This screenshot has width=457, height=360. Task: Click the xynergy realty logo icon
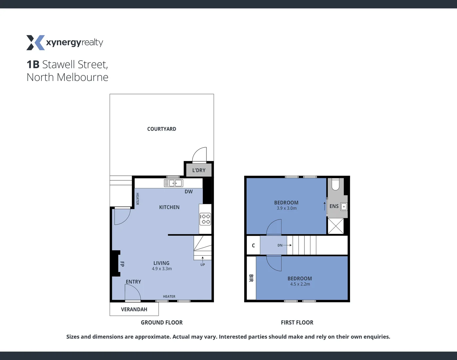click(35, 43)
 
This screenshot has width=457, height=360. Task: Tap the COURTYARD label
click(162, 129)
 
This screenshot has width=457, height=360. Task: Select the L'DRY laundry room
click(199, 170)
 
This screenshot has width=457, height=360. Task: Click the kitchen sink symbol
click(174, 183)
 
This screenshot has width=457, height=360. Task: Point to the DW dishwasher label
click(189, 192)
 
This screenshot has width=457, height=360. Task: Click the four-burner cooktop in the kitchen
click(205, 219)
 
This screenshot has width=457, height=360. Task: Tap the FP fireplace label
click(122, 264)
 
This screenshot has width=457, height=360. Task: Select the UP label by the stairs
click(203, 265)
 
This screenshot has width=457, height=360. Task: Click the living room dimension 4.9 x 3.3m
click(162, 269)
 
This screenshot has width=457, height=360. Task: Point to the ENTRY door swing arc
click(133, 293)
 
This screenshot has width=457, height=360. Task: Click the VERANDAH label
click(134, 309)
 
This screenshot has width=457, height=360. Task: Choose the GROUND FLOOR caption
click(162, 323)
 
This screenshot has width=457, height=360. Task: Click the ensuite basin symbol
click(344, 207)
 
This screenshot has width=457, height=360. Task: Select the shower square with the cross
click(336, 226)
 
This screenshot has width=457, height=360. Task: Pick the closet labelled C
click(253, 245)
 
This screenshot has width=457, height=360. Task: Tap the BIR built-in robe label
click(251, 278)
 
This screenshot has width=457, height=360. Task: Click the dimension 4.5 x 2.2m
click(300, 284)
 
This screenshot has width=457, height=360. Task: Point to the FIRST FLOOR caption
click(297, 323)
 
